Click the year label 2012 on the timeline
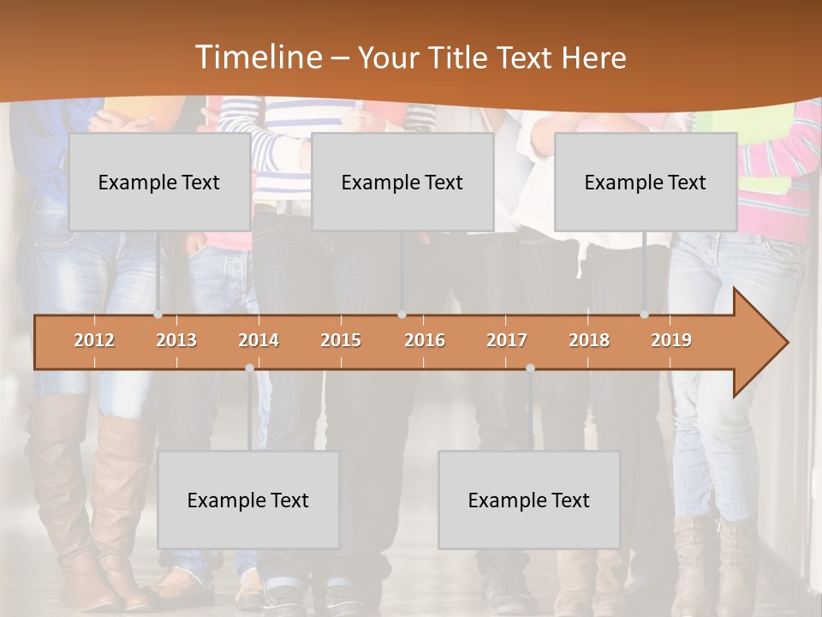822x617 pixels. pyautogui.click(x=94, y=340)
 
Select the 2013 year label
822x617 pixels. pyautogui.click(x=176, y=340)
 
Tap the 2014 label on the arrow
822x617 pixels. pyautogui.click(x=259, y=340)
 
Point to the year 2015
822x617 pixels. pyautogui.click(x=341, y=340)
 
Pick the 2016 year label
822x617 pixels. pyautogui.click(x=425, y=340)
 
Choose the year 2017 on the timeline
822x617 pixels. pyautogui.click(x=507, y=340)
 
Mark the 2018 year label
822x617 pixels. pyautogui.click(x=589, y=340)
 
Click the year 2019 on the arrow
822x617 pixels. pyautogui.click(x=671, y=340)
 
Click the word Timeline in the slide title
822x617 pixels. pyautogui.click(x=257, y=57)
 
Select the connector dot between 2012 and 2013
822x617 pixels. pyautogui.click(x=158, y=314)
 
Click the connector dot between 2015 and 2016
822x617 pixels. pyautogui.click(x=402, y=314)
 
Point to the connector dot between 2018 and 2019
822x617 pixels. pyautogui.click(x=645, y=314)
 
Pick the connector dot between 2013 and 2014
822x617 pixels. pyautogui.click(x=249, y=368)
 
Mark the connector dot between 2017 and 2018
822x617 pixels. pyautogui.click(x=530, y=368)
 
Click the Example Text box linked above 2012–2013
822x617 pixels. pyautogui.click(x=159, y=182)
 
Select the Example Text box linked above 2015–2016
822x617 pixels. pyautogui.click(x=402, y=182)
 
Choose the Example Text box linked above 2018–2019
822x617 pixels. pyautogui.click(x=646, y=182)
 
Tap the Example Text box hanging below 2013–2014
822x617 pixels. pyautogui.click(x=248, y=500)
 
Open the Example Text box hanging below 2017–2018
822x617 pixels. pyautogui.click(x=529, y=500)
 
